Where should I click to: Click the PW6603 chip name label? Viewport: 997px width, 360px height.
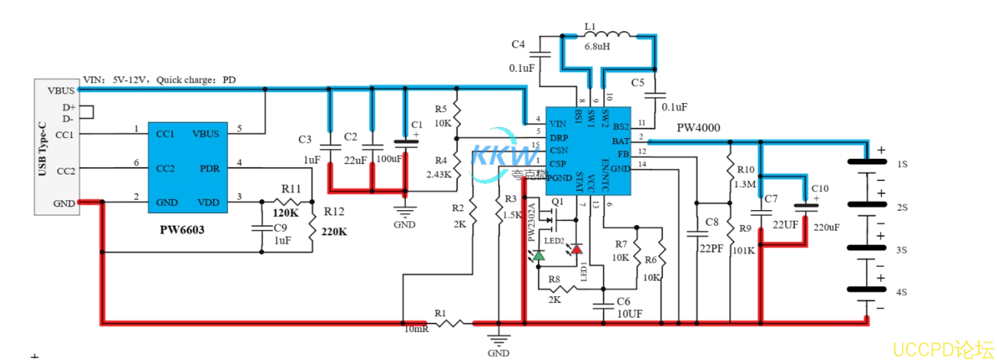point(182,230)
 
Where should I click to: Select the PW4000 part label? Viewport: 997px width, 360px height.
point(698,128)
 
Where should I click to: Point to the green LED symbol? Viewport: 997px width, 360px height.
point(538,255)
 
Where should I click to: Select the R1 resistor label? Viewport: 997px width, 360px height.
point(441,312)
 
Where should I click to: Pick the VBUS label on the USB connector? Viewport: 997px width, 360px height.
point(61,91)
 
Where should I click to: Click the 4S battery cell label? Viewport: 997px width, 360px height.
point(901,292)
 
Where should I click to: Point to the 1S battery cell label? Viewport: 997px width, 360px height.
point(901,163)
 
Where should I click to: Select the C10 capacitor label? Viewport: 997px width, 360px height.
point(820,189)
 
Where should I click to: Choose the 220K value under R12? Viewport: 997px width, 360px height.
point(333,232)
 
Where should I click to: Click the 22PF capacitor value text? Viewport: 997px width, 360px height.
point(711,249)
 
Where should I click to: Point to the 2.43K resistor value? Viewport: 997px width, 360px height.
point(439,174)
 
